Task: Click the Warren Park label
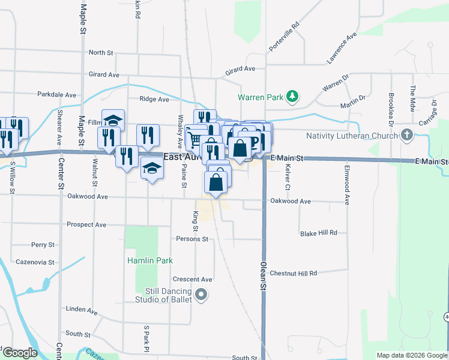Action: tap(260, 97)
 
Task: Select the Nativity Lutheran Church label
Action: tap(351, 136)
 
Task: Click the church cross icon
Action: tap(408, 135)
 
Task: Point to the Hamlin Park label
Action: tap(150, 260)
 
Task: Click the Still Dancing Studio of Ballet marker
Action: tap(201, 295)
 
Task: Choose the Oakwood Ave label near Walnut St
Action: tap(88, 196)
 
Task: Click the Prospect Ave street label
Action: tap(86, 225)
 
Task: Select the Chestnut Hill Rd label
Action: tap(293, 273)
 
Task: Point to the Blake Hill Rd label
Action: tap(319, 233)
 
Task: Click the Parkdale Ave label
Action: tap(56, 95)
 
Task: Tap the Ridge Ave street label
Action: tap(154, 100)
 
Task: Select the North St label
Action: tap(101, 53)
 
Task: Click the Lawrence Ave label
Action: tap(342, 49)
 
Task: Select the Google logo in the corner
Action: tap(19, 353)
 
